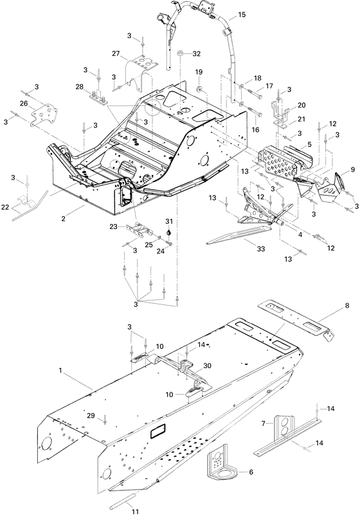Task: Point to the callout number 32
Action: click(197, 53)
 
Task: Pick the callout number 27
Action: click(116, 54)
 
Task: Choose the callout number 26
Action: click(24, 104)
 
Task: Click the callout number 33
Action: click(245, 242)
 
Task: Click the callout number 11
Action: click(135, 494)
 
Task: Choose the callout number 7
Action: click(263, 423)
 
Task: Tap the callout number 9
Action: click(352, 170)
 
